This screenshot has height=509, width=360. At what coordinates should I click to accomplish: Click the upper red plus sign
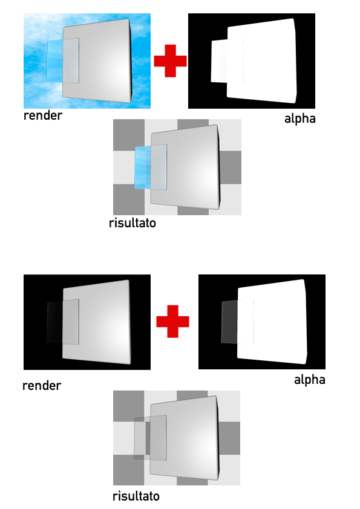[170, 61]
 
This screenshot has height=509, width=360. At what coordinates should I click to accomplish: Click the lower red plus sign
[172, 322]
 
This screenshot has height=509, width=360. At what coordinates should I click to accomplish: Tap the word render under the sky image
[43, 115]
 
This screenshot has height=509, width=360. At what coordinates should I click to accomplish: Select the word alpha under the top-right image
[300, 118]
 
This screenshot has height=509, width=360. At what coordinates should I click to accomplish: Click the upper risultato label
[133, 223]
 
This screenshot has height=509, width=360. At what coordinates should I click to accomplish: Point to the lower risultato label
[136, 496]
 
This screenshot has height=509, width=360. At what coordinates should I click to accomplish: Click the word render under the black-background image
[42, 386]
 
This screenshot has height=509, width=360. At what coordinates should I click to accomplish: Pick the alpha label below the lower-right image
[310, 380]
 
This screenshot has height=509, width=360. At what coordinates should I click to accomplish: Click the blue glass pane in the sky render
[55, 60]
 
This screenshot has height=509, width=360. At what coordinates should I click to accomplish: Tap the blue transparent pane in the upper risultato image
[143, 167]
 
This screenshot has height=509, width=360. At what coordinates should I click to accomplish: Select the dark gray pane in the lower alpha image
[229, 322]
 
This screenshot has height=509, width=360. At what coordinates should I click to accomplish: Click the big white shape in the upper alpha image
[262, 61]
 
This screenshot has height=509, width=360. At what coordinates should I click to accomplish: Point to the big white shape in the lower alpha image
[272, 322]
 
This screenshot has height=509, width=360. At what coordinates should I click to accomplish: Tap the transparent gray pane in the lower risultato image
[142, 438]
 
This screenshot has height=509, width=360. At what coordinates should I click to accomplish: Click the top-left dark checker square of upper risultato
[129, 135]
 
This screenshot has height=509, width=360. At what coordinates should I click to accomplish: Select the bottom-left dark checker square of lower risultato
[129, 470]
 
